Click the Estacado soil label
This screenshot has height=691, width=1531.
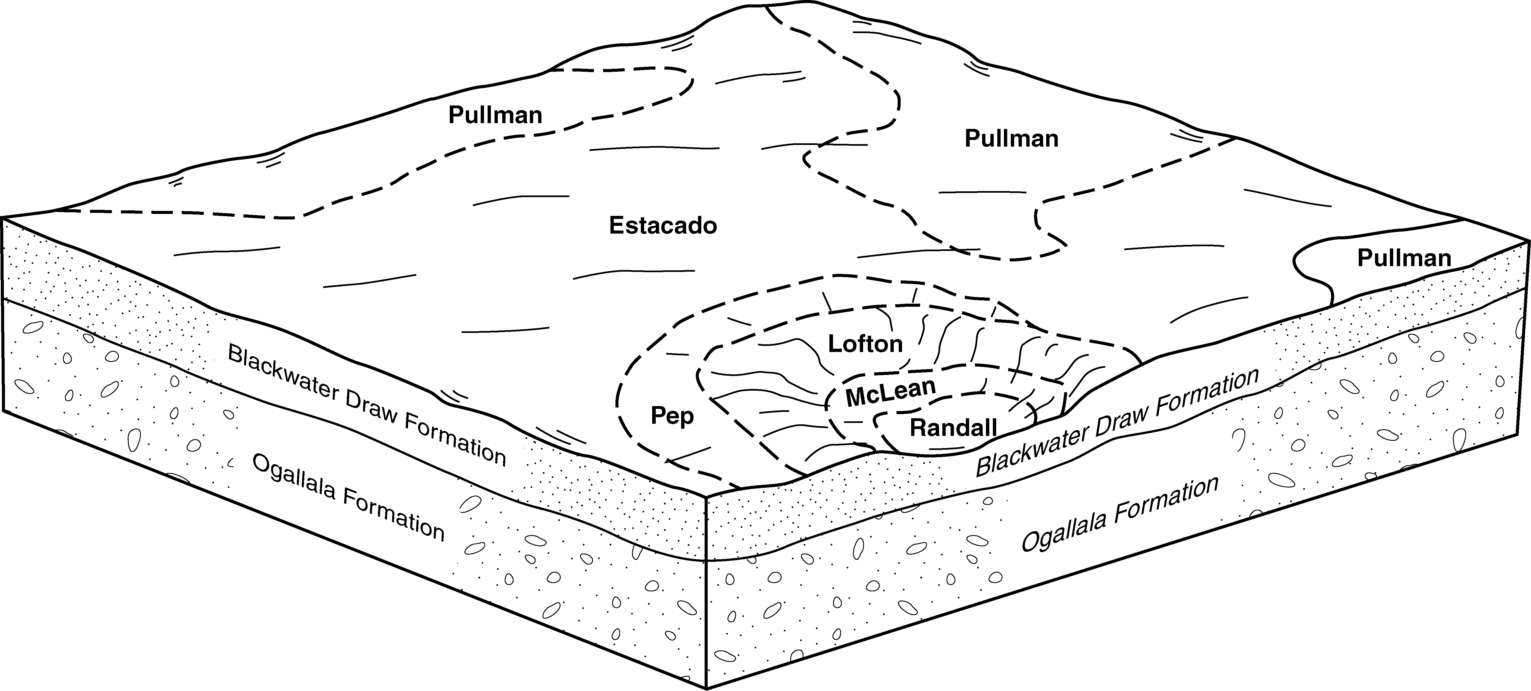pyautogui.click(x=663, y=226)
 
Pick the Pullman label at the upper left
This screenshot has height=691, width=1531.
pyautogui.click(x=495, y=115)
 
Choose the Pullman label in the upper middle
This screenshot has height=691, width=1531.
pyautogui.click(x=1011, y=138)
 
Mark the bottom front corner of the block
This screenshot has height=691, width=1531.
pyautogui.click(x=706, y=688)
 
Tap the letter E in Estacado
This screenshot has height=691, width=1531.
pyautogui.click(x=616, y=226)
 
